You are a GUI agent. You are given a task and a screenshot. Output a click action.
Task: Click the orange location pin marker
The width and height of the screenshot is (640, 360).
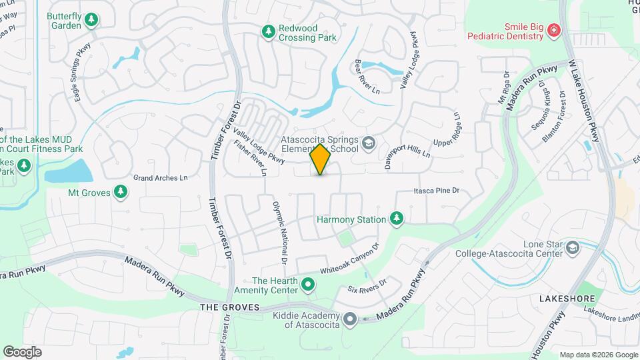point(320,160)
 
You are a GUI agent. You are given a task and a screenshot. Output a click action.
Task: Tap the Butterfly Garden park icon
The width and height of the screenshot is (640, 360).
point(92,21)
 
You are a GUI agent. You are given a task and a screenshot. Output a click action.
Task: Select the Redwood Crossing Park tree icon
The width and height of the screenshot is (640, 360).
point(268,32)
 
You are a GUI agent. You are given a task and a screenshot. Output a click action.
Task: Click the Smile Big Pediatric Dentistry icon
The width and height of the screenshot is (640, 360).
point(553,31)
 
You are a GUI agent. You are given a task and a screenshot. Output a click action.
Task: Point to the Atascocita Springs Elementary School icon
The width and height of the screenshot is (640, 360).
point(367,143)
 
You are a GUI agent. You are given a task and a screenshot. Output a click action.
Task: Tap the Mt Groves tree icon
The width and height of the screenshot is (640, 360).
point(121,193)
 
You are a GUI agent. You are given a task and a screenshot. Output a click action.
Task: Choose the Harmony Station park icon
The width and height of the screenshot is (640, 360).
point(397,219)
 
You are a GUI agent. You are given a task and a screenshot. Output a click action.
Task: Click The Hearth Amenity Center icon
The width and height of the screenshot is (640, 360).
point(307,285)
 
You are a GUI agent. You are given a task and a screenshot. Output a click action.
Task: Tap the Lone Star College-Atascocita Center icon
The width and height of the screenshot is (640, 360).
point(572,248)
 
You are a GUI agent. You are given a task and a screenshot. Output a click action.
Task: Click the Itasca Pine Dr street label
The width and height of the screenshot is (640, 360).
point(437,191)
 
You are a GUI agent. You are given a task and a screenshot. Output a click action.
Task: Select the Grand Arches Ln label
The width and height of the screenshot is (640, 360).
point(161,178)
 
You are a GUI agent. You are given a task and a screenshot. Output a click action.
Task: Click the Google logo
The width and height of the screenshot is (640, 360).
point(22,352)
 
